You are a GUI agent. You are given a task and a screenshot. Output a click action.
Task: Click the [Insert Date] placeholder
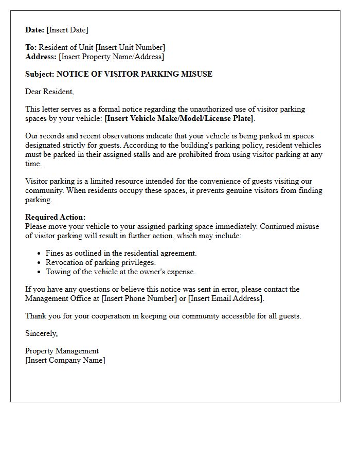67,30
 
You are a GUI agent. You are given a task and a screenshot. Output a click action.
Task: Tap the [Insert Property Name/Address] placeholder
112,57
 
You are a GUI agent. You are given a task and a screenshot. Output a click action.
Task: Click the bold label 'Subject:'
40,74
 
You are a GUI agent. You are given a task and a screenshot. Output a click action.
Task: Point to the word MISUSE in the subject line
196,74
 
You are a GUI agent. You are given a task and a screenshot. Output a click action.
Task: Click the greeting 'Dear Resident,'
49,92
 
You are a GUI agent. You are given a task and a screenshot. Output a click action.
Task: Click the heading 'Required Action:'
56,217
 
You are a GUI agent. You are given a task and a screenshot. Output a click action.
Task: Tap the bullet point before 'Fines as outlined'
40,254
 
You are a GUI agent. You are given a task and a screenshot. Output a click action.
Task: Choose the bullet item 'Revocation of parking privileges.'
100,262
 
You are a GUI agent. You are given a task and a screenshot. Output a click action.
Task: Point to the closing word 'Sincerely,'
42,333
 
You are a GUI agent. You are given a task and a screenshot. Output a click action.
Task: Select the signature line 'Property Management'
62,351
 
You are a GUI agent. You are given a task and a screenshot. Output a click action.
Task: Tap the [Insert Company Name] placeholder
65,360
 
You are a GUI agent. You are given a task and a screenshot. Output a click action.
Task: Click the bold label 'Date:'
34,30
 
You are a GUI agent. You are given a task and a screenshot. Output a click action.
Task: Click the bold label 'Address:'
41,57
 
